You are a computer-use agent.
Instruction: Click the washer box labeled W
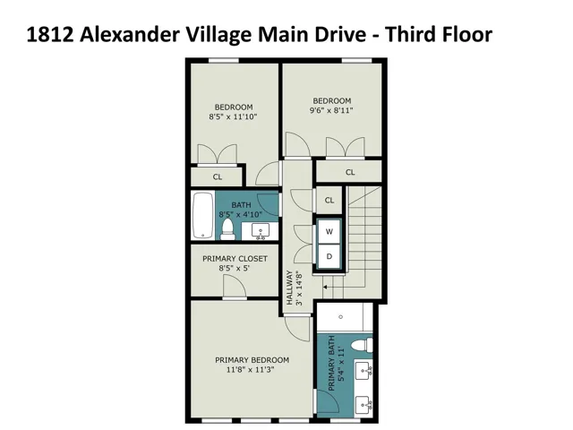[329, 231]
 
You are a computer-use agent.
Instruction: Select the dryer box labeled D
[329, 256]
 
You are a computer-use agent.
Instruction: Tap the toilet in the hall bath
[227, 229]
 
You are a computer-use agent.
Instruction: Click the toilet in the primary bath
[362, 344]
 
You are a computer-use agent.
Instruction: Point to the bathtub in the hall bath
[203, 215]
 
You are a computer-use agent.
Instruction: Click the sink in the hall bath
[261, 231]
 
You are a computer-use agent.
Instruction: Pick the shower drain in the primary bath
[340, 317]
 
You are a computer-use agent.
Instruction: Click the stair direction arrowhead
[325, 287]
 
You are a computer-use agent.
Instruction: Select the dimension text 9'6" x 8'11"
[331, 110]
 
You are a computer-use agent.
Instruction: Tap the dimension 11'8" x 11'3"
[251, 370]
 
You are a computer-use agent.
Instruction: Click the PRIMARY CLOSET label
[235, 259]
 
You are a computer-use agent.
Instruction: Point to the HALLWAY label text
[289, 288]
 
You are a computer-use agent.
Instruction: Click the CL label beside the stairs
[329, 200]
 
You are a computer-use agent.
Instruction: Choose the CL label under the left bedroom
[218, 177]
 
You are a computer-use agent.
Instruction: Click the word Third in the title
[410, 34]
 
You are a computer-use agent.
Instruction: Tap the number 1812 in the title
[50, 35]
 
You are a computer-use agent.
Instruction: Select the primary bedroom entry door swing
[297, 329]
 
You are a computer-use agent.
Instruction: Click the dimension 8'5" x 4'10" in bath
[241, 214]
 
